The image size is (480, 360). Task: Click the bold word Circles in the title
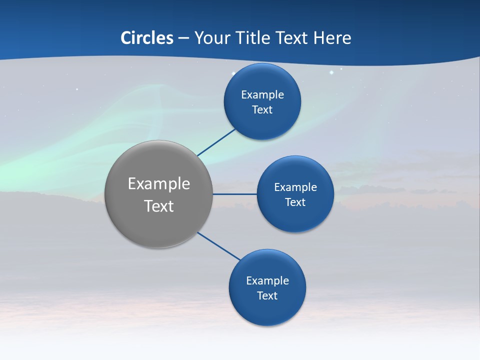[x=147, y=38]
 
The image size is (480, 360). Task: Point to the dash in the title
[x=183, y=38]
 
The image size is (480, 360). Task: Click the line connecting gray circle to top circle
[x=217, y=142]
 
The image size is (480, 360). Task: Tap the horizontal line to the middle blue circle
[x=235, y=194]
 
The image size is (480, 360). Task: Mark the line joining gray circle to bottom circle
[x=219, y=246]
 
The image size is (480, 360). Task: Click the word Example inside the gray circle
[x=159, y=184]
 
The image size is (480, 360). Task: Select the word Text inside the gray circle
[x=159, y=206]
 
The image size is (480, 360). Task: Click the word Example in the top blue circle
[x=262, y=94]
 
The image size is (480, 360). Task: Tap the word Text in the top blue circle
[x=262, y=109]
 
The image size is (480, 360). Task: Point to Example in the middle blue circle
[x=295, y=187]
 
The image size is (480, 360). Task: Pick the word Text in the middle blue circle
[x=295, y=202]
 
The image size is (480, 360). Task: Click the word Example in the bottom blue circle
[x=267, y=280]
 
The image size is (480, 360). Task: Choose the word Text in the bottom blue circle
[x=267, y=295]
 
